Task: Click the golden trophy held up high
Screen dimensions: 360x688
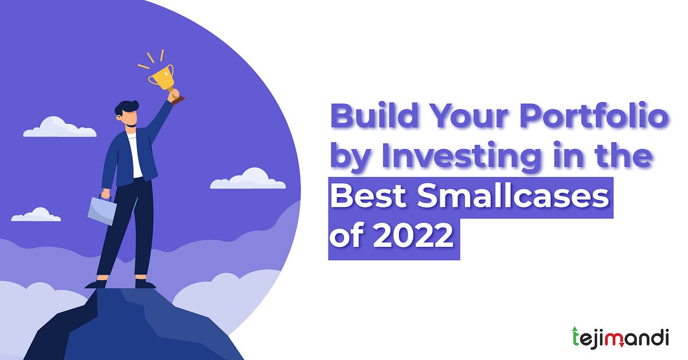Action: click(x=163, y=77)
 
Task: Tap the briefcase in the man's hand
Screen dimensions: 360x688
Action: click(x=101, y=210)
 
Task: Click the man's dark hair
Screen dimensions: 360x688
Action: click(x=127, y=108)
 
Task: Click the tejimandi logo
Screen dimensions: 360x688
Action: click(x=620, y=336)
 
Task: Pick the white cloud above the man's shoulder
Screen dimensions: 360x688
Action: click(x=60, y=127)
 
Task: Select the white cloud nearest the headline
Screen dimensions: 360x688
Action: click(x=248, y=179)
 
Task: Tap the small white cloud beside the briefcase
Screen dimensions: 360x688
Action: click(x=36, y=216)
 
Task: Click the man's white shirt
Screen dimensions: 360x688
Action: click(x=135, y=155)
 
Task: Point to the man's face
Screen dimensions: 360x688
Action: click(x=131, y=119)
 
